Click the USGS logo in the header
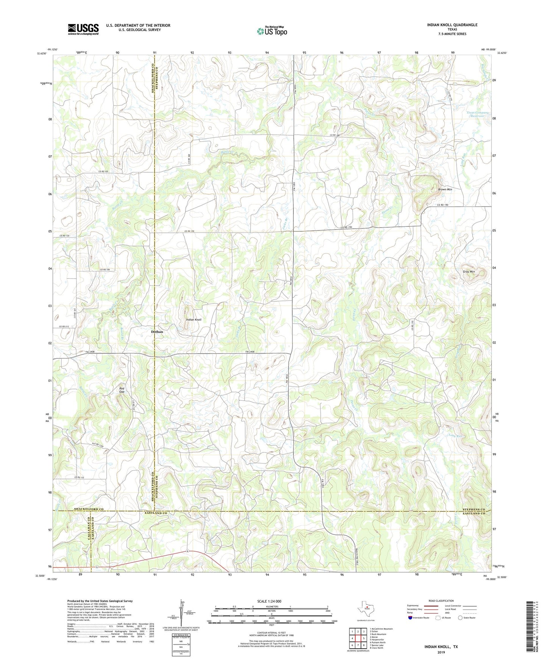tap(83, 29)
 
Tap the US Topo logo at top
tap(272, 31)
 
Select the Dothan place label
tap(157, 332)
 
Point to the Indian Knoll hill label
tap(193, 320)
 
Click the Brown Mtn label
tap(445, 189)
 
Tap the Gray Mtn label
tap(469, 272)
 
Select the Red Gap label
tap(122, 390)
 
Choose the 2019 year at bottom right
tap(441, 652)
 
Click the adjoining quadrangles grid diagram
tap(358, 639)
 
